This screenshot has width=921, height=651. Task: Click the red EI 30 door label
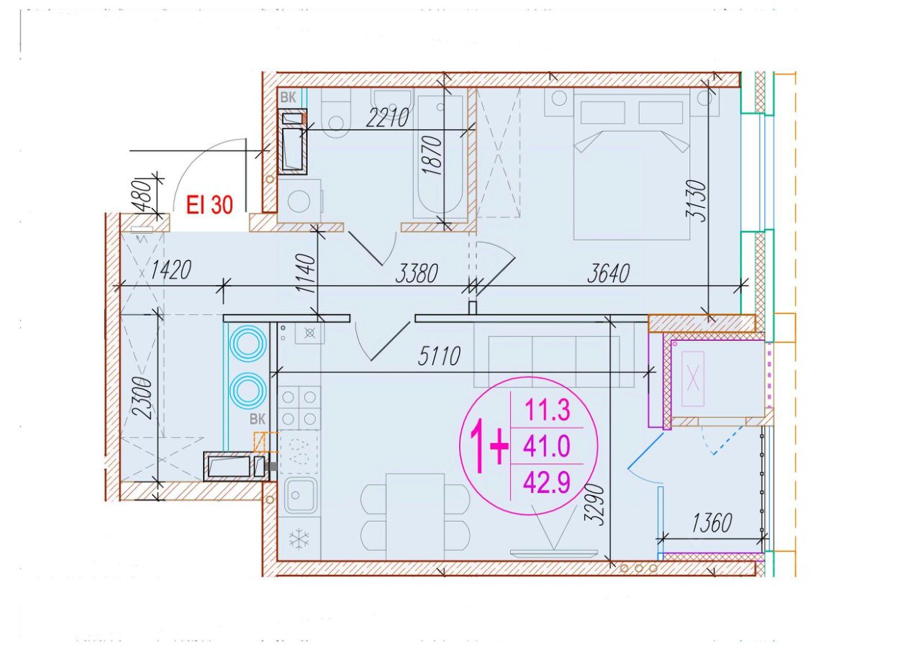pyautogui.click(x=209, y=205)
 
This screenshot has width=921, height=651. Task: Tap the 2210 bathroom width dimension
pyautogui.click(x=387, y=117)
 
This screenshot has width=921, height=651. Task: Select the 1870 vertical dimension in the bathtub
pyautogui.click(x=433, y=155)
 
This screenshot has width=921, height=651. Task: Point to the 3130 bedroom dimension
pyautogui.click(x=697, y=201)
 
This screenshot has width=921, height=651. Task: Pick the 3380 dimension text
pyautogui.click(x=417, y=273)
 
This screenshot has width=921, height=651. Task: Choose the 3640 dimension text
pyautogui.click(x=609, y=273)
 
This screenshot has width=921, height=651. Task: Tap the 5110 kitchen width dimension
pyautogui.click(x=439, y=356)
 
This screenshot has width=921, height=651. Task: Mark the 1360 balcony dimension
pyautogui.click(x=712, y=523)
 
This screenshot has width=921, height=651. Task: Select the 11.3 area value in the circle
pyautogui.click(x=548, y=410)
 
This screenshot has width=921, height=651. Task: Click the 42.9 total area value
pyautogui.click(x=546, y=482)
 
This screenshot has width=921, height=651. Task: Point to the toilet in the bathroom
pyautogui.click(x=336, y=113)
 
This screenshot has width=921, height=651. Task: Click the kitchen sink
pyautogui.click(x=301, y=495)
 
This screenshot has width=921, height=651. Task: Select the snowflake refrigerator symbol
pyautogui.click(x=299, y=539)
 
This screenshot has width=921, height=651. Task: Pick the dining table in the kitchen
pyautogui.click(x=415, y=516)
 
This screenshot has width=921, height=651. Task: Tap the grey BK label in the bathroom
pyautogui.click(x=288, y=97)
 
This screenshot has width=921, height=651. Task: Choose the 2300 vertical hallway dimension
pyautogui.click(x=144, y=399)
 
